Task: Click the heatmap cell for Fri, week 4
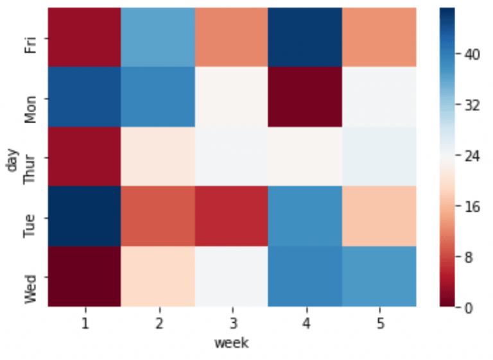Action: point(305,37)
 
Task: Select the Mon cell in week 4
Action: point(305,97)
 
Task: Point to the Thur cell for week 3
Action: point(231,157)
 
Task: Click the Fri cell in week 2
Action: point(157,37)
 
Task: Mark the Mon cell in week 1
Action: point(83,97)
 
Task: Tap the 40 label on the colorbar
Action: point(473,55)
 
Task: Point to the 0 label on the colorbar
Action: point(469,308)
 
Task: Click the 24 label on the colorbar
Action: point(473,156)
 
